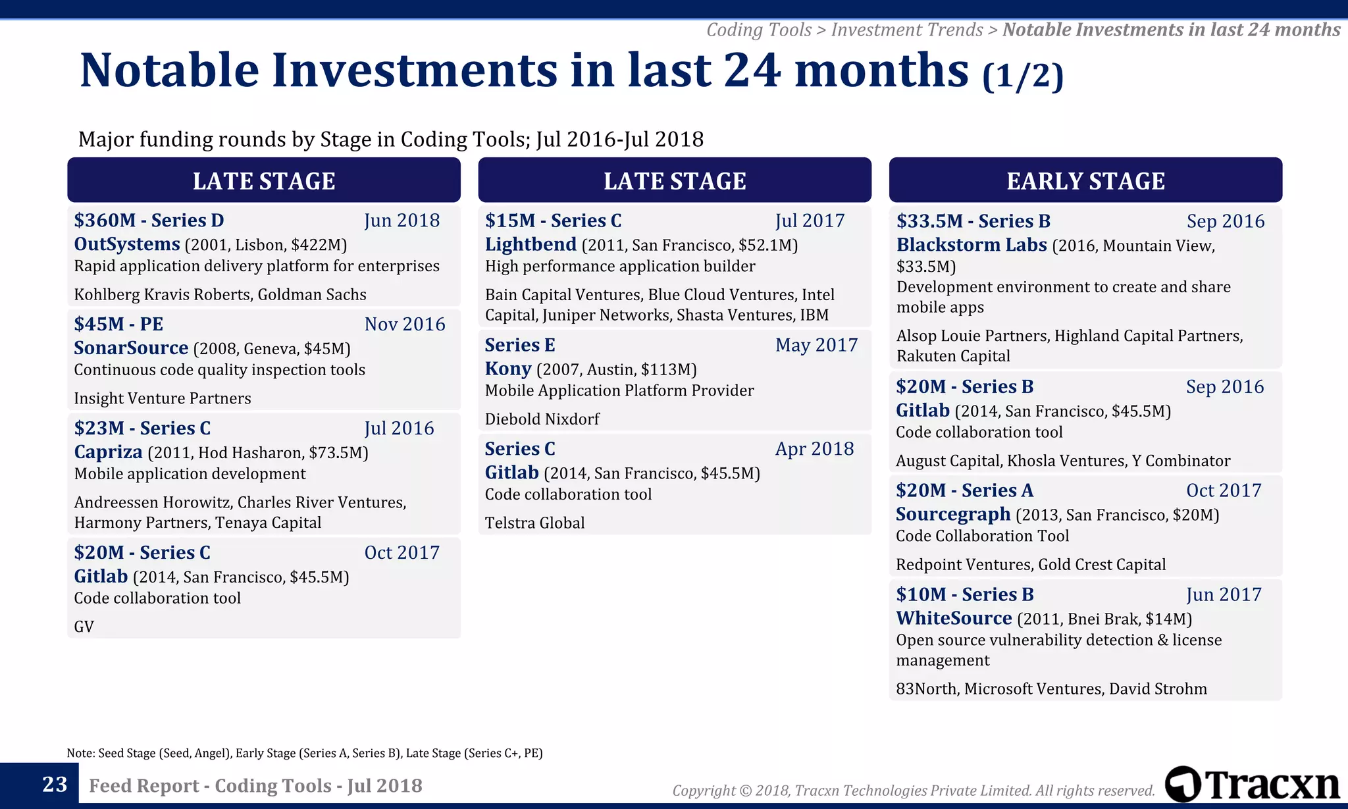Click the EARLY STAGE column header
[1085, 180]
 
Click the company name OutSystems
[126, 244]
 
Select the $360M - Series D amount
[149, 221]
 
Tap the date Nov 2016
[405, 324]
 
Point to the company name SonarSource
[131, 348]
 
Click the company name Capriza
[108, 452]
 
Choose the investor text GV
[84, 627]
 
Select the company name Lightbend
[531, 244]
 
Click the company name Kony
[507, 369]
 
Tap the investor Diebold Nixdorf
[542, 419]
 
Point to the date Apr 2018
[814, 449]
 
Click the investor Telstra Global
[534, 523]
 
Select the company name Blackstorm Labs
[971, 245]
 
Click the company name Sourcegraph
[952, 514]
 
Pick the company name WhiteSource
[953, 618]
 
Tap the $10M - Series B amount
[964, 594]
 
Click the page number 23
[55, 785]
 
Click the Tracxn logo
[1252, 785]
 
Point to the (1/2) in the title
[1022, 76]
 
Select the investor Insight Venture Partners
[163, 398]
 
